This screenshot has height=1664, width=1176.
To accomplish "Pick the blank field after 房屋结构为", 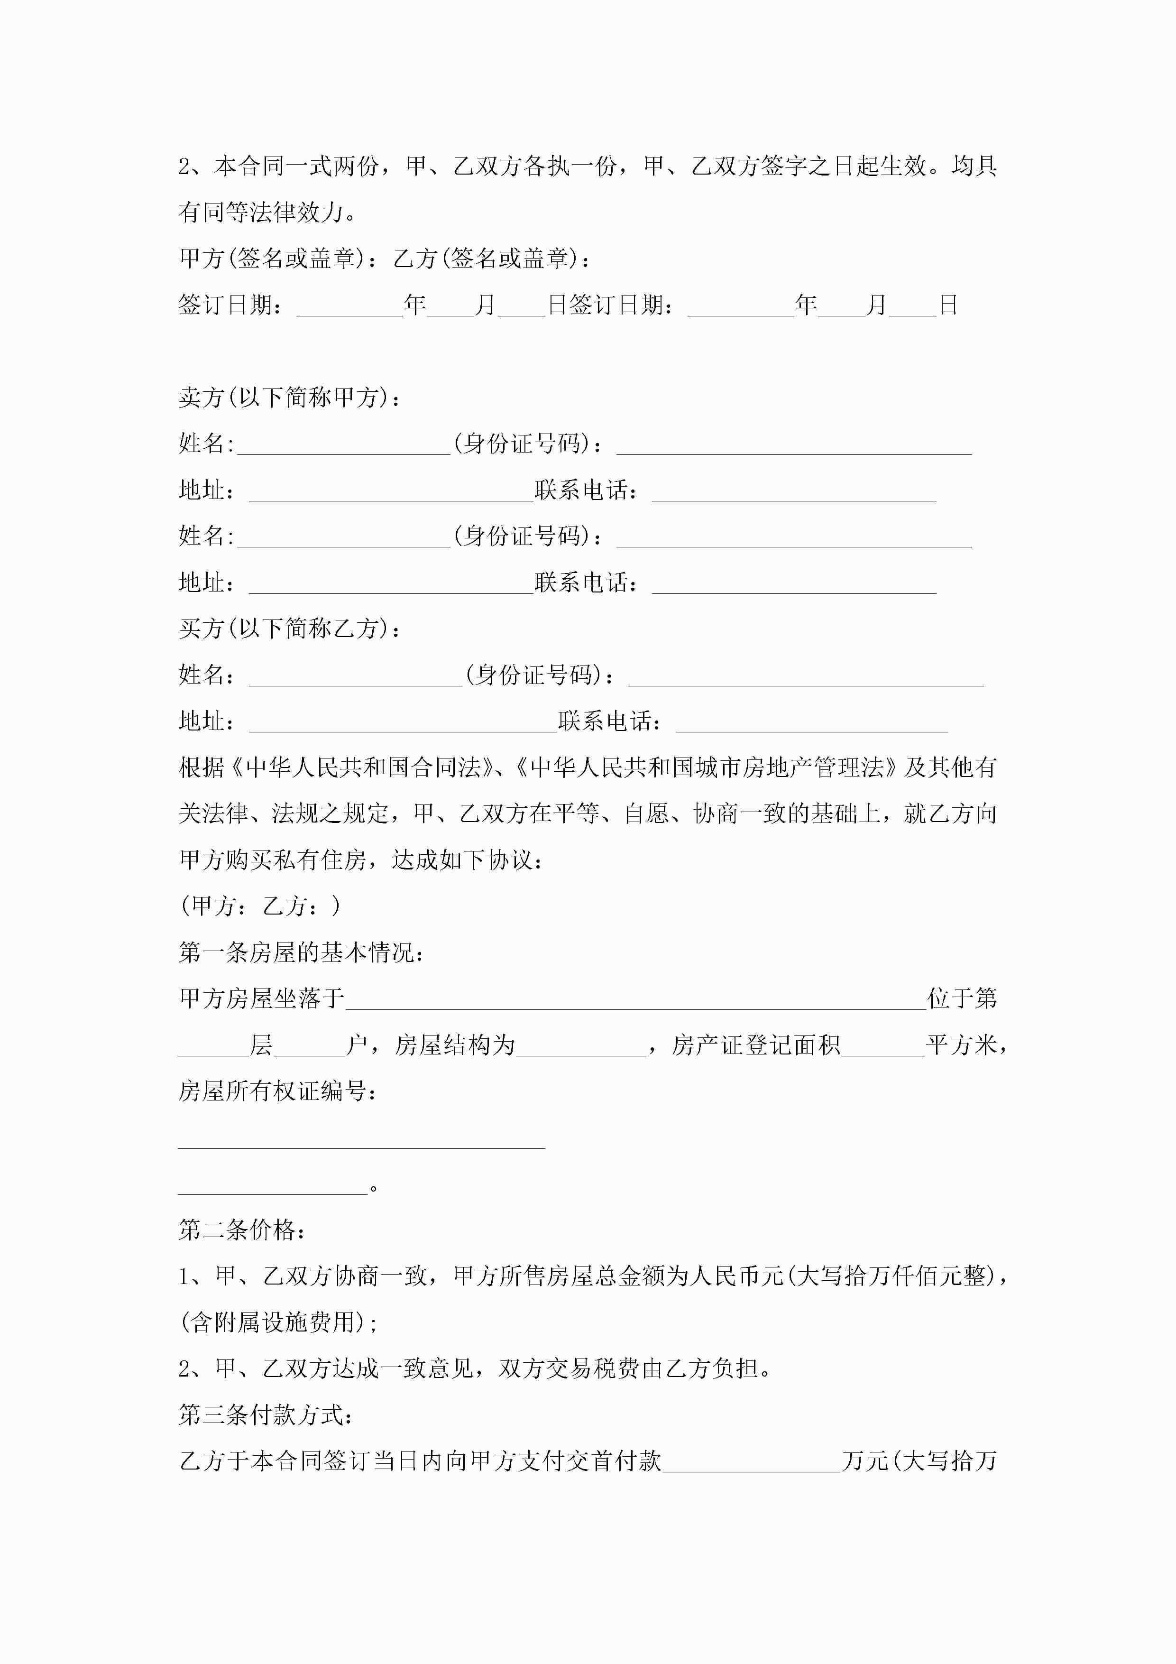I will click(x=580, y=1046).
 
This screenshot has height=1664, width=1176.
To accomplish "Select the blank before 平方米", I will click(x=882, y=1046).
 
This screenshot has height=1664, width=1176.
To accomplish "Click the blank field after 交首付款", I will click(x=752, y=1462).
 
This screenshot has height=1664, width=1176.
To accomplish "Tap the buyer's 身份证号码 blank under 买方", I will click(x=806, y=675).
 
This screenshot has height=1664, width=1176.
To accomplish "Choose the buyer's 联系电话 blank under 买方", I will click(x=811, y=722).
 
